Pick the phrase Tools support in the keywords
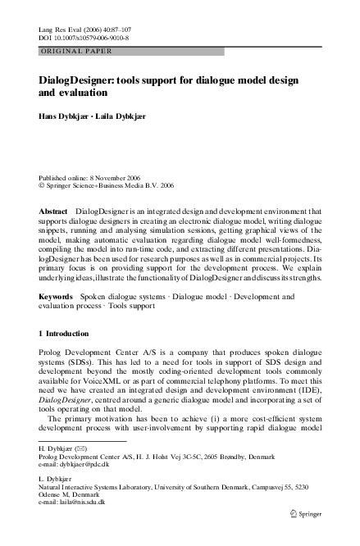(x=130, y=305)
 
